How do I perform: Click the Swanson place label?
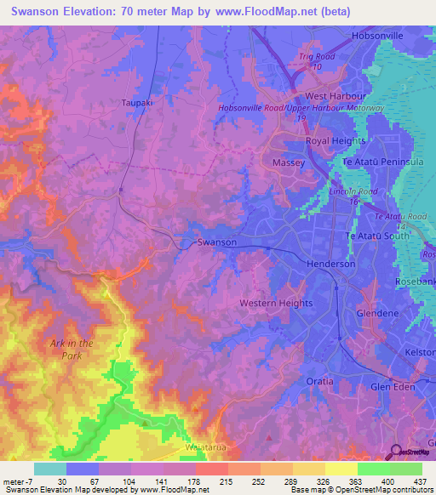tap(216, 242)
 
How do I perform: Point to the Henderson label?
tap(330, 265)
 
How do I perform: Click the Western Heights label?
tap(276, 303)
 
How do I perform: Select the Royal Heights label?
tap(336, 141)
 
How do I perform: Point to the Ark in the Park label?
tap(72, 349)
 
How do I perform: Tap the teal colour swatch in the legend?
tap(50, 469)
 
